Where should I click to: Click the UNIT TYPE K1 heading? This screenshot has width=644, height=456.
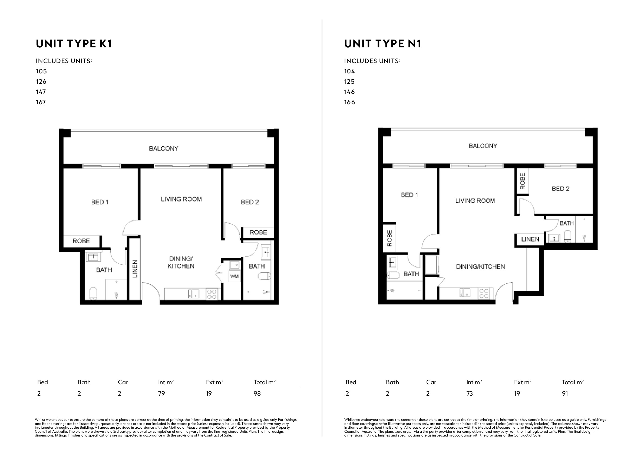pyautogui.click(x=74, y=44)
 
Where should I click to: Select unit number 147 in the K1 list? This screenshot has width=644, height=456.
pyautogui.click(x=41, y=92)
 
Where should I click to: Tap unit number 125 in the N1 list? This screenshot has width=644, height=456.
pyautogui.click(x=349, y=82)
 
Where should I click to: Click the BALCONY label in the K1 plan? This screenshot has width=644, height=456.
pyautogui.click(x=164, y=149)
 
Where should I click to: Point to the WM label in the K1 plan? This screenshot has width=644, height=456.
pyautogui.click(x=235, y=276)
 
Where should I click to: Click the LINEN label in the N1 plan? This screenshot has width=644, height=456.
pyautogui.click(x=530, y=239)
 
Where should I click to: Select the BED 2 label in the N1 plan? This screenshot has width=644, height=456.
pyautogui.click(x=561, y=189)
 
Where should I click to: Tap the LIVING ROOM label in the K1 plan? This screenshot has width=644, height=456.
pyautogui.click(x=181, y=199)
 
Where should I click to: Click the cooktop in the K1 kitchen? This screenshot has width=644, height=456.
pyautogui.click(x=212, y=294)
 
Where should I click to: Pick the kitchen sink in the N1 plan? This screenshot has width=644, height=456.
pyautogui.click(x=465, y=292)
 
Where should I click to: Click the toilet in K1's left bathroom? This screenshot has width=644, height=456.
pyautogui.click(x=93, y=293)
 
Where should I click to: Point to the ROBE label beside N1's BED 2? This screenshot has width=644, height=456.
pyautogui.click(x=523, y=181)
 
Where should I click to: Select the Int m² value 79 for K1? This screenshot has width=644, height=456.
pyautogui.click(x=161, y=394)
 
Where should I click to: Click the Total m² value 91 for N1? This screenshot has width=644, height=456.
pyautogui.click(x=565, y=394)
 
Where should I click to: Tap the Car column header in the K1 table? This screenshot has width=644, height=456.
pyautogui.click(x=123, y=382)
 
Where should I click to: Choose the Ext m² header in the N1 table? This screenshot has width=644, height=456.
pyautogui.click(x=523, y=382)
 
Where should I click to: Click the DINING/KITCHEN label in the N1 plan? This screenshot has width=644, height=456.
pyautogui.click(x=480, y=267)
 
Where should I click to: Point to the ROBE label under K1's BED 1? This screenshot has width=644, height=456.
pyautogui.click(x=81, y=241)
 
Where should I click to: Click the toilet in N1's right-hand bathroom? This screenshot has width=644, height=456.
pyautogui.click(x=567, y=236)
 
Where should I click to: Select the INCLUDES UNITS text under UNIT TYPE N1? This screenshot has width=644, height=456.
pyautogui.click(x=372, y=61)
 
